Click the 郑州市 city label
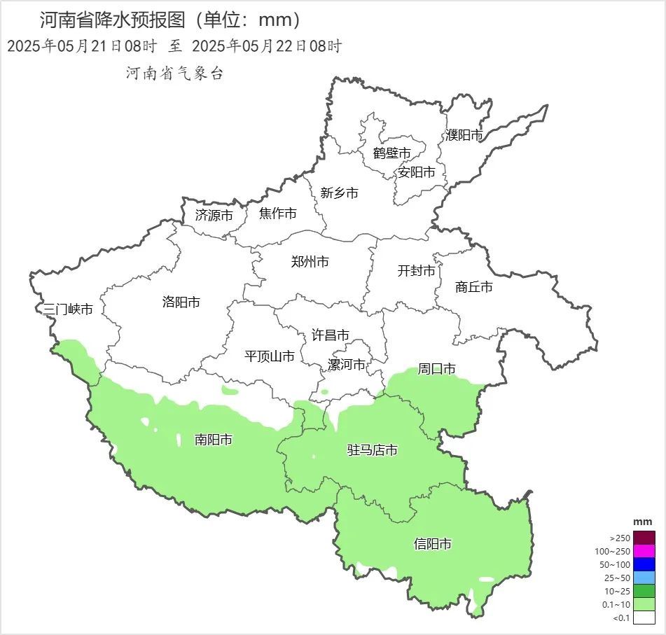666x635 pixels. pos(310,263)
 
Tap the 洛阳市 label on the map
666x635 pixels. pos(181,302)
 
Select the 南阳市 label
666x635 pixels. pos(214,440)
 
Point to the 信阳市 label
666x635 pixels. pos(433,544)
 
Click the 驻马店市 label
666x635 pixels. pos(373,450)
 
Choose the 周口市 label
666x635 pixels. pos(437,368)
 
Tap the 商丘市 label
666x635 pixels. pos(474,287)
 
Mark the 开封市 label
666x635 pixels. pos(416,271)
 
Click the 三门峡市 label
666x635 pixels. pos(68,309)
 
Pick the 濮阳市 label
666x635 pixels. pos(464,136)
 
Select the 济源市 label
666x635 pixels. pos(214,216)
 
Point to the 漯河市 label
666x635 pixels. pos(347,365)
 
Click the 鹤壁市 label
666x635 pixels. pos(391,153)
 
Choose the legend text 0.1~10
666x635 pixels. pos(616,605)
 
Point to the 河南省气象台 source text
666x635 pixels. pos(174,74)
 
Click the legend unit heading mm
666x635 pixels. pos(642,522)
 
